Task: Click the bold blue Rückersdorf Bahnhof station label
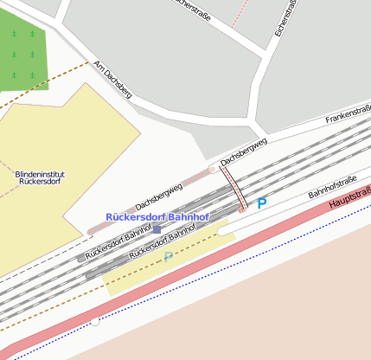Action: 157,216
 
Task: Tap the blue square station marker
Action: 157,229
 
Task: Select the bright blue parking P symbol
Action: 261,203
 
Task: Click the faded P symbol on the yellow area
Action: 168,257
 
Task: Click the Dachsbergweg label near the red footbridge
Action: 243,150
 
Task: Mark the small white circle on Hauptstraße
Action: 95,323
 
